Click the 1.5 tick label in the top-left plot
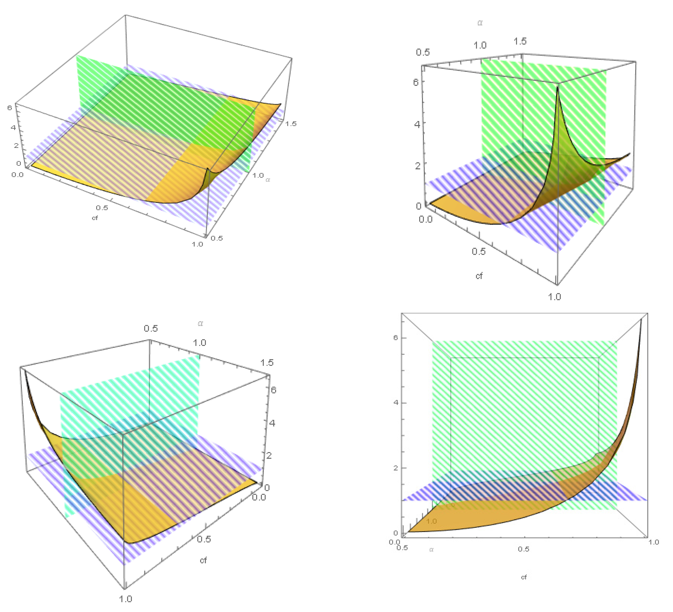[290, 124]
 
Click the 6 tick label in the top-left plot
[10, 107]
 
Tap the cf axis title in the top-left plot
[95, 218]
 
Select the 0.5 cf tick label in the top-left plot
[102, 208]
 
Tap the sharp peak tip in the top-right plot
[557, 87]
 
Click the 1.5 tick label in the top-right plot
[520, 41]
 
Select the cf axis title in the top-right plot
[479, 276]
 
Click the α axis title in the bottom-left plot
[200, 323]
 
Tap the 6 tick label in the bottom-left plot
[273, 390]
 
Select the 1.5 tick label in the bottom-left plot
[267, 362]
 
